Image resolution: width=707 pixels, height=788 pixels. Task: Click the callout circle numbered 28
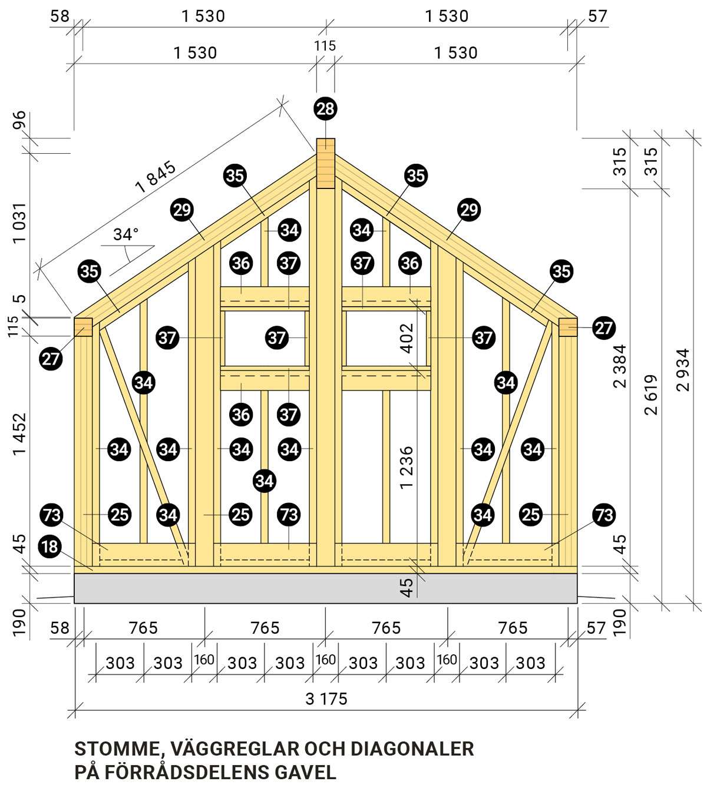coord(325,109)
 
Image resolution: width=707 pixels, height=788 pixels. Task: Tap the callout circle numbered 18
coord(50,547)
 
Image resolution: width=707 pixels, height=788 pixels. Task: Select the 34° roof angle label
coord(125,234)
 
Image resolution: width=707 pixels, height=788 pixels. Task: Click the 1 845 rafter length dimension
coord(156,177)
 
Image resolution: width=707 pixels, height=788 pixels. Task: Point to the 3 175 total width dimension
coord(326,699)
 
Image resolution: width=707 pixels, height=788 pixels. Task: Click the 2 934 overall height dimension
coord(683,369)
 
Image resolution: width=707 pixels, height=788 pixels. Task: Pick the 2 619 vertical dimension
coord(651,395)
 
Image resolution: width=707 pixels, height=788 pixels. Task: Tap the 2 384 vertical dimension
coord(620,366)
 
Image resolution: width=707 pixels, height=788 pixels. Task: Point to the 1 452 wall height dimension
coord(19,433)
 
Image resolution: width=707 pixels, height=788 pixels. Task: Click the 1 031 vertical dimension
coord(19,223)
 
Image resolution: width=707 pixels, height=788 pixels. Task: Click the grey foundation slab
coord(325,588)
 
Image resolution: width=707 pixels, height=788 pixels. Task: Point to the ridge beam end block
coord(325,163)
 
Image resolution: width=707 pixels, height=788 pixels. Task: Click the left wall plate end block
coord(83,327)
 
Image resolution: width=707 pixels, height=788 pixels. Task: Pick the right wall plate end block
coord(568,327)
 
